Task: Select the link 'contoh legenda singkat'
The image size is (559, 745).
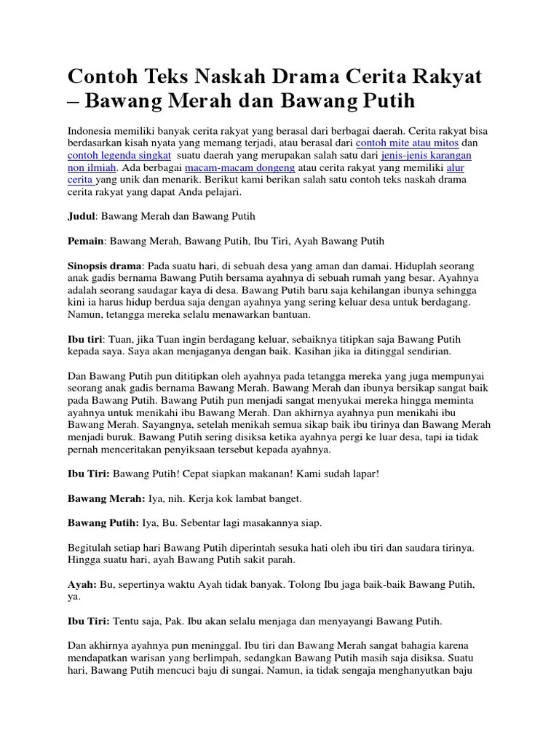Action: tap(119, 156)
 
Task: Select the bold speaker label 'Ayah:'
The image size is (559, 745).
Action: tap(82, 584)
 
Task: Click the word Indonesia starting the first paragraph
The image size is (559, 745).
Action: tap(92, 131)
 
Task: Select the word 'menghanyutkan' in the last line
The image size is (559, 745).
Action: tap(412, 670)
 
